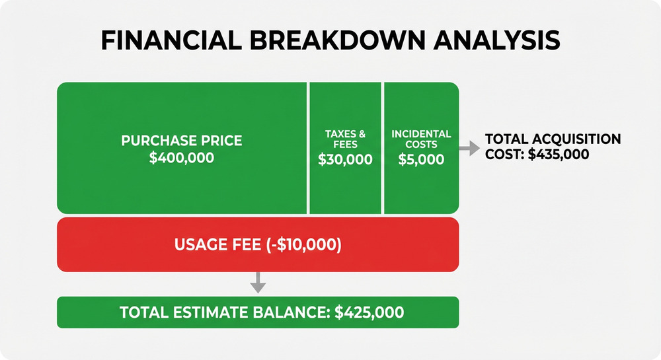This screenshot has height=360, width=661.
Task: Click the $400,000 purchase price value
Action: click(182, 159)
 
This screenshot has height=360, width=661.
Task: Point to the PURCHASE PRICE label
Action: click(182, 141)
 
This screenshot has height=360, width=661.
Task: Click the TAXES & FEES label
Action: click(345, 139)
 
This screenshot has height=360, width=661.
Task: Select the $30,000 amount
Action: click(345, 160)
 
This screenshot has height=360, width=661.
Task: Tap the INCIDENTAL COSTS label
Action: click(421, 139)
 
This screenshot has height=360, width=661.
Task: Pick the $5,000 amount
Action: click(421, 160)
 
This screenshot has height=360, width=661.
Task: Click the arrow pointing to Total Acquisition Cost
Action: click(470, 149)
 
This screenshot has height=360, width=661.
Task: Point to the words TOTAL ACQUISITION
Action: click(553, 139)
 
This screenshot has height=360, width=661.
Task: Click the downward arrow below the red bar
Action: click(258, 283)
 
